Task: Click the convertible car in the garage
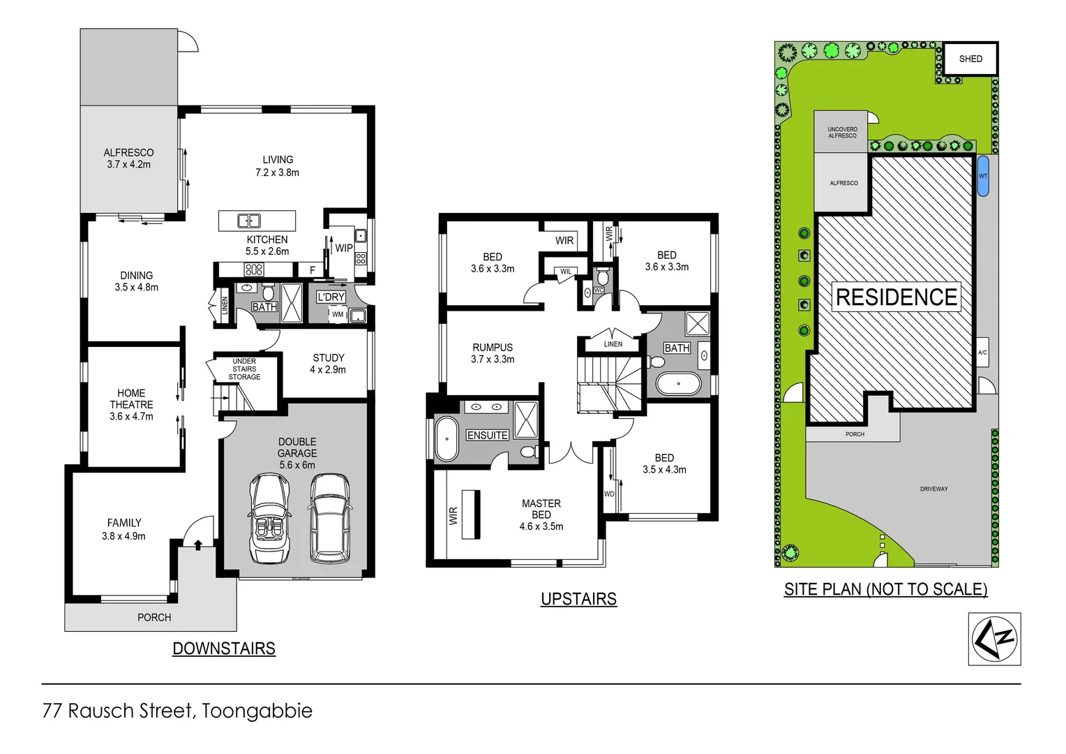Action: [x=269, y=518]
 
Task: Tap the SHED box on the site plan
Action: [x=970, y=59]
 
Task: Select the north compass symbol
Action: [x=994, y=639]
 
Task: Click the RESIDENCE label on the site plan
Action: [x=896, y=297]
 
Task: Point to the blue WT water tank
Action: [x=983, y=176]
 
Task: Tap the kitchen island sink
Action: [x=249, y=221]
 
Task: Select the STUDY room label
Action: [x=328, y=358]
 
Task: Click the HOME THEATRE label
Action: [x=131, y=399]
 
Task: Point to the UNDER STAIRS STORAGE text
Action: [x=244, y=369]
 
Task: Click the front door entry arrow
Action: [x=198, y=545]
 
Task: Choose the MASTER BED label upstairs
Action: [x=541, y=509]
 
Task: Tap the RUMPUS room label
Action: [x=493, y=348]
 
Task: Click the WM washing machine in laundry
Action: [x=338, y=315]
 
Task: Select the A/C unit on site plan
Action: [x=982, y=353]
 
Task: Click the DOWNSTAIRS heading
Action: [x=224, y=649]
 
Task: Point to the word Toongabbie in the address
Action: [x=257, y=711]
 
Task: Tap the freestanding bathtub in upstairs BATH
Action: [x=678, y=384]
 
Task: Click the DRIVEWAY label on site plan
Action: [x=933, y=489]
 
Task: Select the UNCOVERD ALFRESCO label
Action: [x=842, y=132]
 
